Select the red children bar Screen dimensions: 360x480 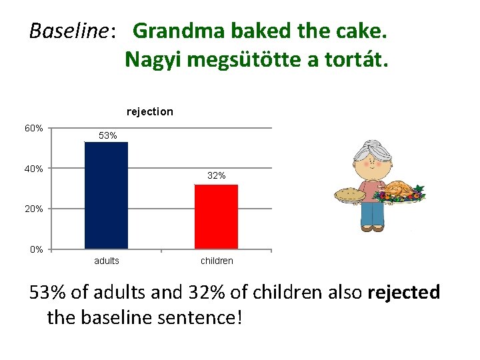[x=216, y=216]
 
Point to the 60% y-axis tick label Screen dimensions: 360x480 [x=35, y=128]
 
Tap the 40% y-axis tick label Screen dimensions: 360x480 [x=35, y=169]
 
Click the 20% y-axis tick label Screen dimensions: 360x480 [x=35, y=209]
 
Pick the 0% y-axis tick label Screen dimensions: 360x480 [x=37, y=249]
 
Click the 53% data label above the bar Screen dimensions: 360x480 [x=107, y=135]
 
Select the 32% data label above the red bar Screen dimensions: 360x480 [x=216, y=176]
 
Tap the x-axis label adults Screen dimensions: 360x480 [x=107, y=261]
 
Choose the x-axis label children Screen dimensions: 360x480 [x=217, y=261]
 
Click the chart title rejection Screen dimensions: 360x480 [x=149, y=111]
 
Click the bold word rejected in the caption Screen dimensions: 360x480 [x=403, y=292]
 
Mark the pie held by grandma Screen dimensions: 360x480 [x=349, y=195]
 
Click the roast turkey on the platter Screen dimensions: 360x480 [x=399, y=190]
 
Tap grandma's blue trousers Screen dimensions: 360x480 [x=372, y=213]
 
